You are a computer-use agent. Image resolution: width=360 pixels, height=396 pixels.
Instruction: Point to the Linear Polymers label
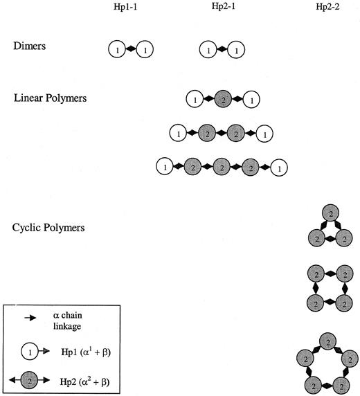tap(51, 98)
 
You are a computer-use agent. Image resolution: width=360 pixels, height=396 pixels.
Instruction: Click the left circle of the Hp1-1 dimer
tap(118, 50)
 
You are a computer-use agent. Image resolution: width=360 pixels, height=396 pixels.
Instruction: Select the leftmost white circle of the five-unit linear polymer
tap(165, 166)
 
